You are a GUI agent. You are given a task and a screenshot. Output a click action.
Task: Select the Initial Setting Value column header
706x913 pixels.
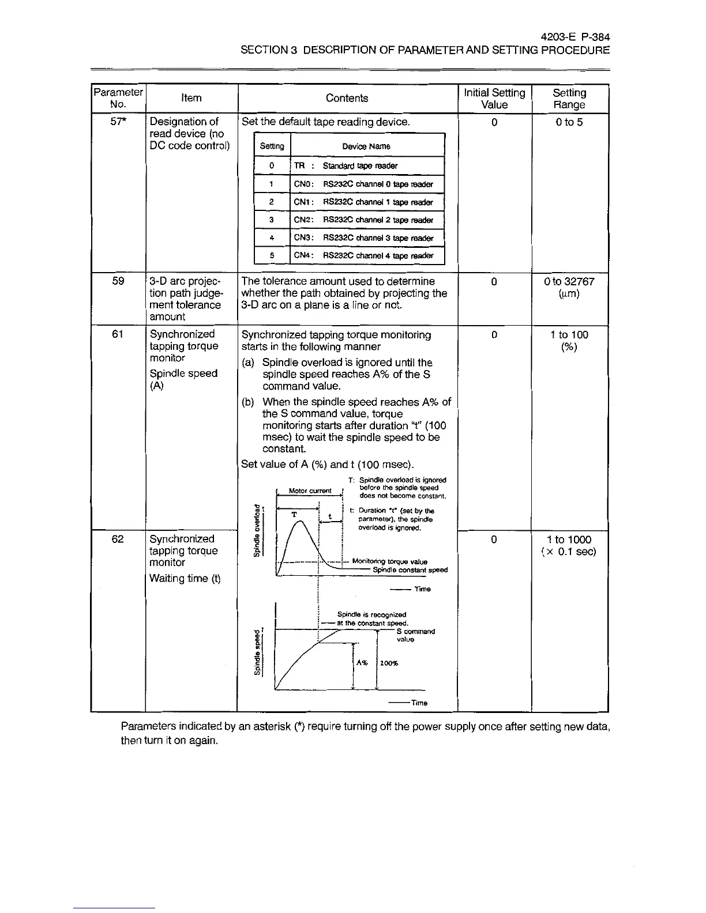point(494,99)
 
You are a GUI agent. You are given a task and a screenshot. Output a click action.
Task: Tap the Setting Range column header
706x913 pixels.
point(569,99)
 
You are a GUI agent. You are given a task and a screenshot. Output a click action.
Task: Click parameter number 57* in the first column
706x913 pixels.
point(118,122)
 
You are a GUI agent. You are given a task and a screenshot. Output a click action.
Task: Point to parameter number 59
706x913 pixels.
point(118,281)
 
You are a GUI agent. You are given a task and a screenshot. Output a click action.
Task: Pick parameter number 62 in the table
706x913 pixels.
point(118,539)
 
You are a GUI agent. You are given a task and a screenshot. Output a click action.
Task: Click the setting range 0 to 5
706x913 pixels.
point(569,122)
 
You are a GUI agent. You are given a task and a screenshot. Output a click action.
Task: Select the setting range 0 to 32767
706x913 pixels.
point(569,282)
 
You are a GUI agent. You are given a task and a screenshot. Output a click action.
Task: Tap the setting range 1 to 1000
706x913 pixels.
point(569,539)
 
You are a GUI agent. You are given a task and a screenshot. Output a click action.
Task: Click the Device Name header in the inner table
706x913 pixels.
point(366,146)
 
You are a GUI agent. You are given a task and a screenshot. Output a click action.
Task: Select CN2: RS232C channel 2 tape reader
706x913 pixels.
point(363,220)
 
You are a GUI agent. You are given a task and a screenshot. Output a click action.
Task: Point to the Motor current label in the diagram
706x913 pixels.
point(310,491)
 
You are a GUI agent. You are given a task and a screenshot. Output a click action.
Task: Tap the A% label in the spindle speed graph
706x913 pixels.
point(362,663)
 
